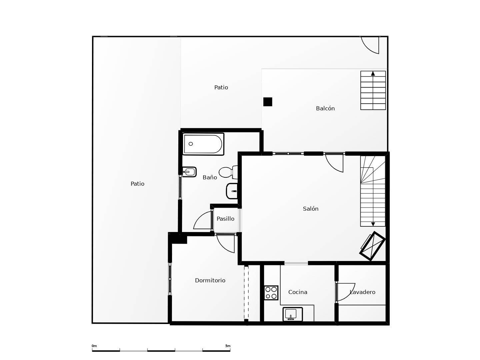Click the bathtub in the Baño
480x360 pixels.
point(203,144)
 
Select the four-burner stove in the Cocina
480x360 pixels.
point(271,293)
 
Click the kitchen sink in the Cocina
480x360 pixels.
point(293,314)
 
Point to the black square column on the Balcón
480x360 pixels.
point(268,102)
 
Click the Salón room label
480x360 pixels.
point(311,209)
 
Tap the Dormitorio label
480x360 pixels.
point(210,280)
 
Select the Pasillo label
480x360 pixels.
point(225,219)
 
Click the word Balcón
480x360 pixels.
point(325,108)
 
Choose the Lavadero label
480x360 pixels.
point(362,292)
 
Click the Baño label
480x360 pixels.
point(210,177)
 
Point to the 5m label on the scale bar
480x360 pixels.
point(228,346)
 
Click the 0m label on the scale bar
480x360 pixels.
point(94,346)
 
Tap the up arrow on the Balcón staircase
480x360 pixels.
point(373,74)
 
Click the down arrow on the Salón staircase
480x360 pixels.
point(373,224)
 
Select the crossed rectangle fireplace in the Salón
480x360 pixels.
point(372,246)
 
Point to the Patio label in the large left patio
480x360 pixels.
point(137,184)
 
